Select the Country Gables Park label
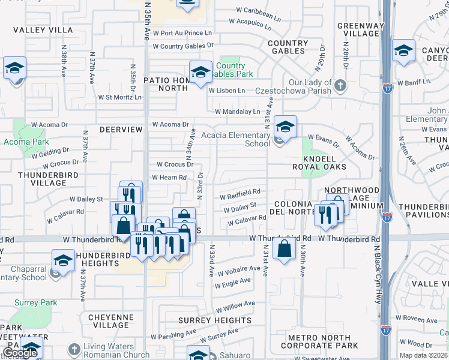coord(231,70)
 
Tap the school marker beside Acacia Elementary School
coord(286,127)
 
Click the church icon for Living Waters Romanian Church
coord(73,349)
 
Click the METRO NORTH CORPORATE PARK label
coord(323,342)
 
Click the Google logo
coord(20,353)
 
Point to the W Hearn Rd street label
coord(169,178)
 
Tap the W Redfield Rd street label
coord(240,193)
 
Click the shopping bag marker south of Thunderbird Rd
coord(284,248)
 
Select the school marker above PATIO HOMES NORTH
coord(200,73)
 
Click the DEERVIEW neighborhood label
coord(121,129)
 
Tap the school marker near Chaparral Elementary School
coord(62,262)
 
